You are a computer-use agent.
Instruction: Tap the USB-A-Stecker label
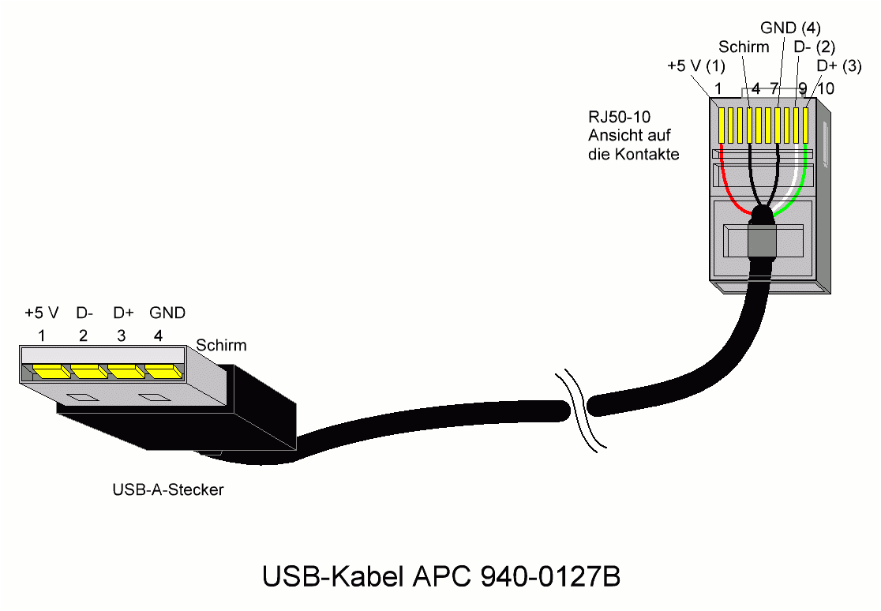(x=168, y=490)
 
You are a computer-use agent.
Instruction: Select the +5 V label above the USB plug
(x=42, y=313)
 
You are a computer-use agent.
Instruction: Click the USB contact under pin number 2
(x=88, y=371)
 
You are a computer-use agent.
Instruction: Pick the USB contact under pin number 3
(x=125, y=371)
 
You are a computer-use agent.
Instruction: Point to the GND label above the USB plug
(x=167, y=313)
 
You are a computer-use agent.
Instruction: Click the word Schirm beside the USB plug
(x=221, y=345)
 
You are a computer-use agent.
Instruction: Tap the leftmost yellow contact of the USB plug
(x=50, y=371)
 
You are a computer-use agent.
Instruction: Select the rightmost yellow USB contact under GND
(x=162, y=371)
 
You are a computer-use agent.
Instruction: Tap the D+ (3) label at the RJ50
(x=838, y=66)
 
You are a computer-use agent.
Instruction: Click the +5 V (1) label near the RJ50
(x=695, y=66)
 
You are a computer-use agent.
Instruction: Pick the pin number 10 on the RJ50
(x=825, y=88)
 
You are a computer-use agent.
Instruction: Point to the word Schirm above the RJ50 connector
(x=743, y=47)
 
